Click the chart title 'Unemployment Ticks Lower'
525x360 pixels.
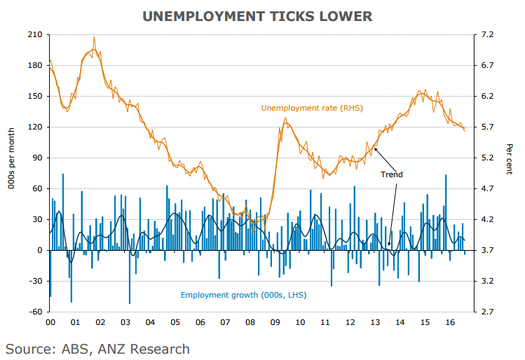tap(257, 15)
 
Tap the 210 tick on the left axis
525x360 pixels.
tap(35, 35)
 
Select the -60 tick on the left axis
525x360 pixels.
tap(35, 312)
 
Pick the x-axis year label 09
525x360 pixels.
tap(275, 323)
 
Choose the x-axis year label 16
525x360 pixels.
tap(449, 323)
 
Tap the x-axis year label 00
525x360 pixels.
tap(50, 323)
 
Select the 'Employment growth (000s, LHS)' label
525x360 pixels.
tap(243, 295)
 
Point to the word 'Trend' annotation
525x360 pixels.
tap(391, 174)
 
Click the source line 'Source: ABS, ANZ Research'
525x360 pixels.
tap(97, 348)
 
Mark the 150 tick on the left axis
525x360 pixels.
tap(35, 97)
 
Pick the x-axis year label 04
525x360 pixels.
tap(151, 323)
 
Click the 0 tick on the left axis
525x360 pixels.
tap(39, 250)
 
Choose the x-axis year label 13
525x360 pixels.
tap(375, 323)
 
